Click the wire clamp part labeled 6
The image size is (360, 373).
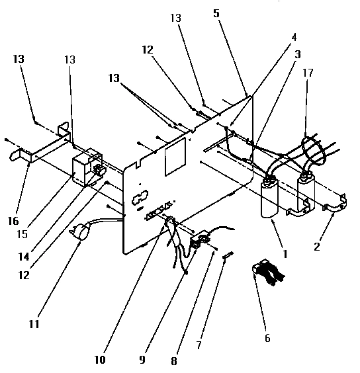(x=266, y=274)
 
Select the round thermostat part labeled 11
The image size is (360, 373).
(x=81, y=232)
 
